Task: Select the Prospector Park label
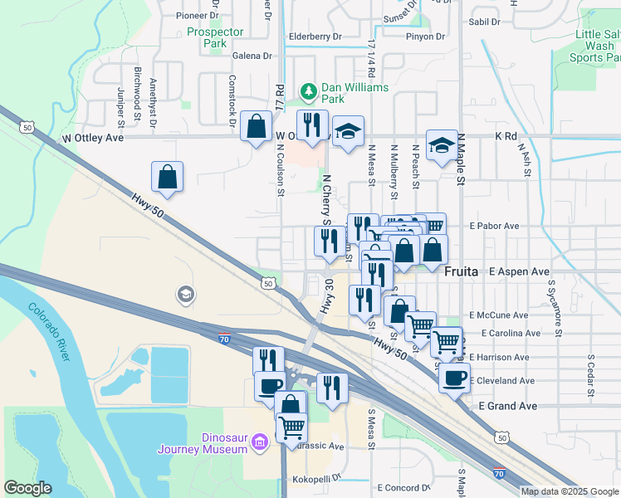pyautogui.click(x=215, y=37)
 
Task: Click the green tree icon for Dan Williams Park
pyautogui.click(x=308, y=90)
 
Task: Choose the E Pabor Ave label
pyautogui.click(x=494, y=226)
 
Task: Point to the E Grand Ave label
pyautogui.click(x=508, y=406)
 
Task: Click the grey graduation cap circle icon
pyautogui.click(x=184, y=294)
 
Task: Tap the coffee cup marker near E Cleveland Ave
pyautogui.click(x=454, y=378)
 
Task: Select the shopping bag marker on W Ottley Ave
pyautogui.click(x=257, y=127)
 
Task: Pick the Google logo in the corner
pyautogui.click(x=27, y=487)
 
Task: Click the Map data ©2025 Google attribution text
pyautogui.click(x=570, y=491)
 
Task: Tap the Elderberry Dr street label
pyautogui.click(x=315, y=37)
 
